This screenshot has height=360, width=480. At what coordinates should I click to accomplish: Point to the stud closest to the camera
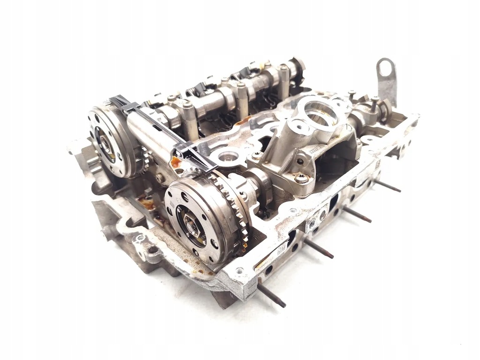coord(271,292)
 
